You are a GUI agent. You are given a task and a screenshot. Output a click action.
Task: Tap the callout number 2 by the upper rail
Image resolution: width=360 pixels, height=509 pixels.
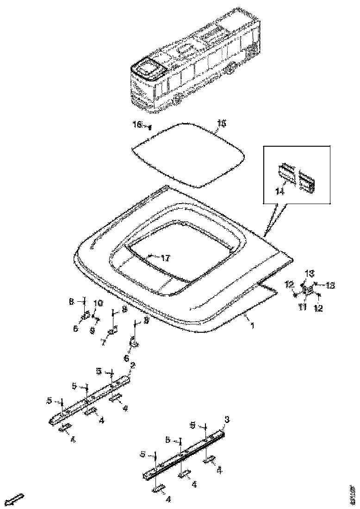click(133, 365)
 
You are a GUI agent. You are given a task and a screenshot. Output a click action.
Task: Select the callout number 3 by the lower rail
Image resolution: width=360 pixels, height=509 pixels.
click(227, 420)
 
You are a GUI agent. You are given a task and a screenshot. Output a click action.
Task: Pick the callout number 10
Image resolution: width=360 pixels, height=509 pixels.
click(98, 303)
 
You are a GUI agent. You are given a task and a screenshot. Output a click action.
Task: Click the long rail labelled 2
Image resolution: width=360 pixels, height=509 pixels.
click(90, 398)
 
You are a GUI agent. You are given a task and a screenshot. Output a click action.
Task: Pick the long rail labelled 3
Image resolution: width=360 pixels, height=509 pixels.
click(185, 453)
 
